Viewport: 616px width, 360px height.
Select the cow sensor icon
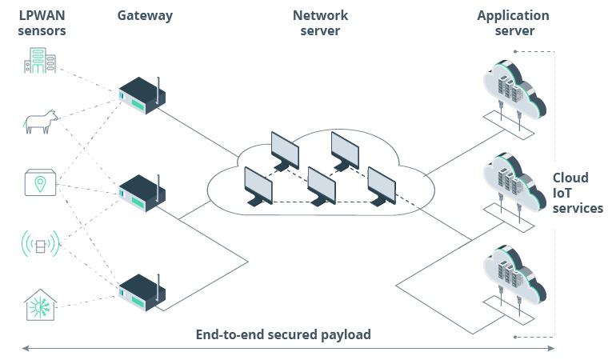tap(41, 122)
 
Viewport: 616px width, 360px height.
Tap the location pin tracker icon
tap(40, 183)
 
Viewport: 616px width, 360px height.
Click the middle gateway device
tap(142, 194)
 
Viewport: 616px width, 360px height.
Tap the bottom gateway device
tap(142, 294)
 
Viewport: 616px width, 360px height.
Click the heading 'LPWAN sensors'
tap(42, 23)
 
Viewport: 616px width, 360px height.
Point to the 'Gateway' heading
tap(144, 15)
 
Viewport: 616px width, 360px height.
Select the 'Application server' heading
tap(513, 23)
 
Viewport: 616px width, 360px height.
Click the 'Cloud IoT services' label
tap(577, 193)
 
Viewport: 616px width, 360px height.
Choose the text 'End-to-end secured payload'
tap(283, 334)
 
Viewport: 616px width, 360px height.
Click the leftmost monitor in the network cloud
tap(258, 186)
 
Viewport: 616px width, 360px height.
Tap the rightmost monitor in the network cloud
tap(382, 186)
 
